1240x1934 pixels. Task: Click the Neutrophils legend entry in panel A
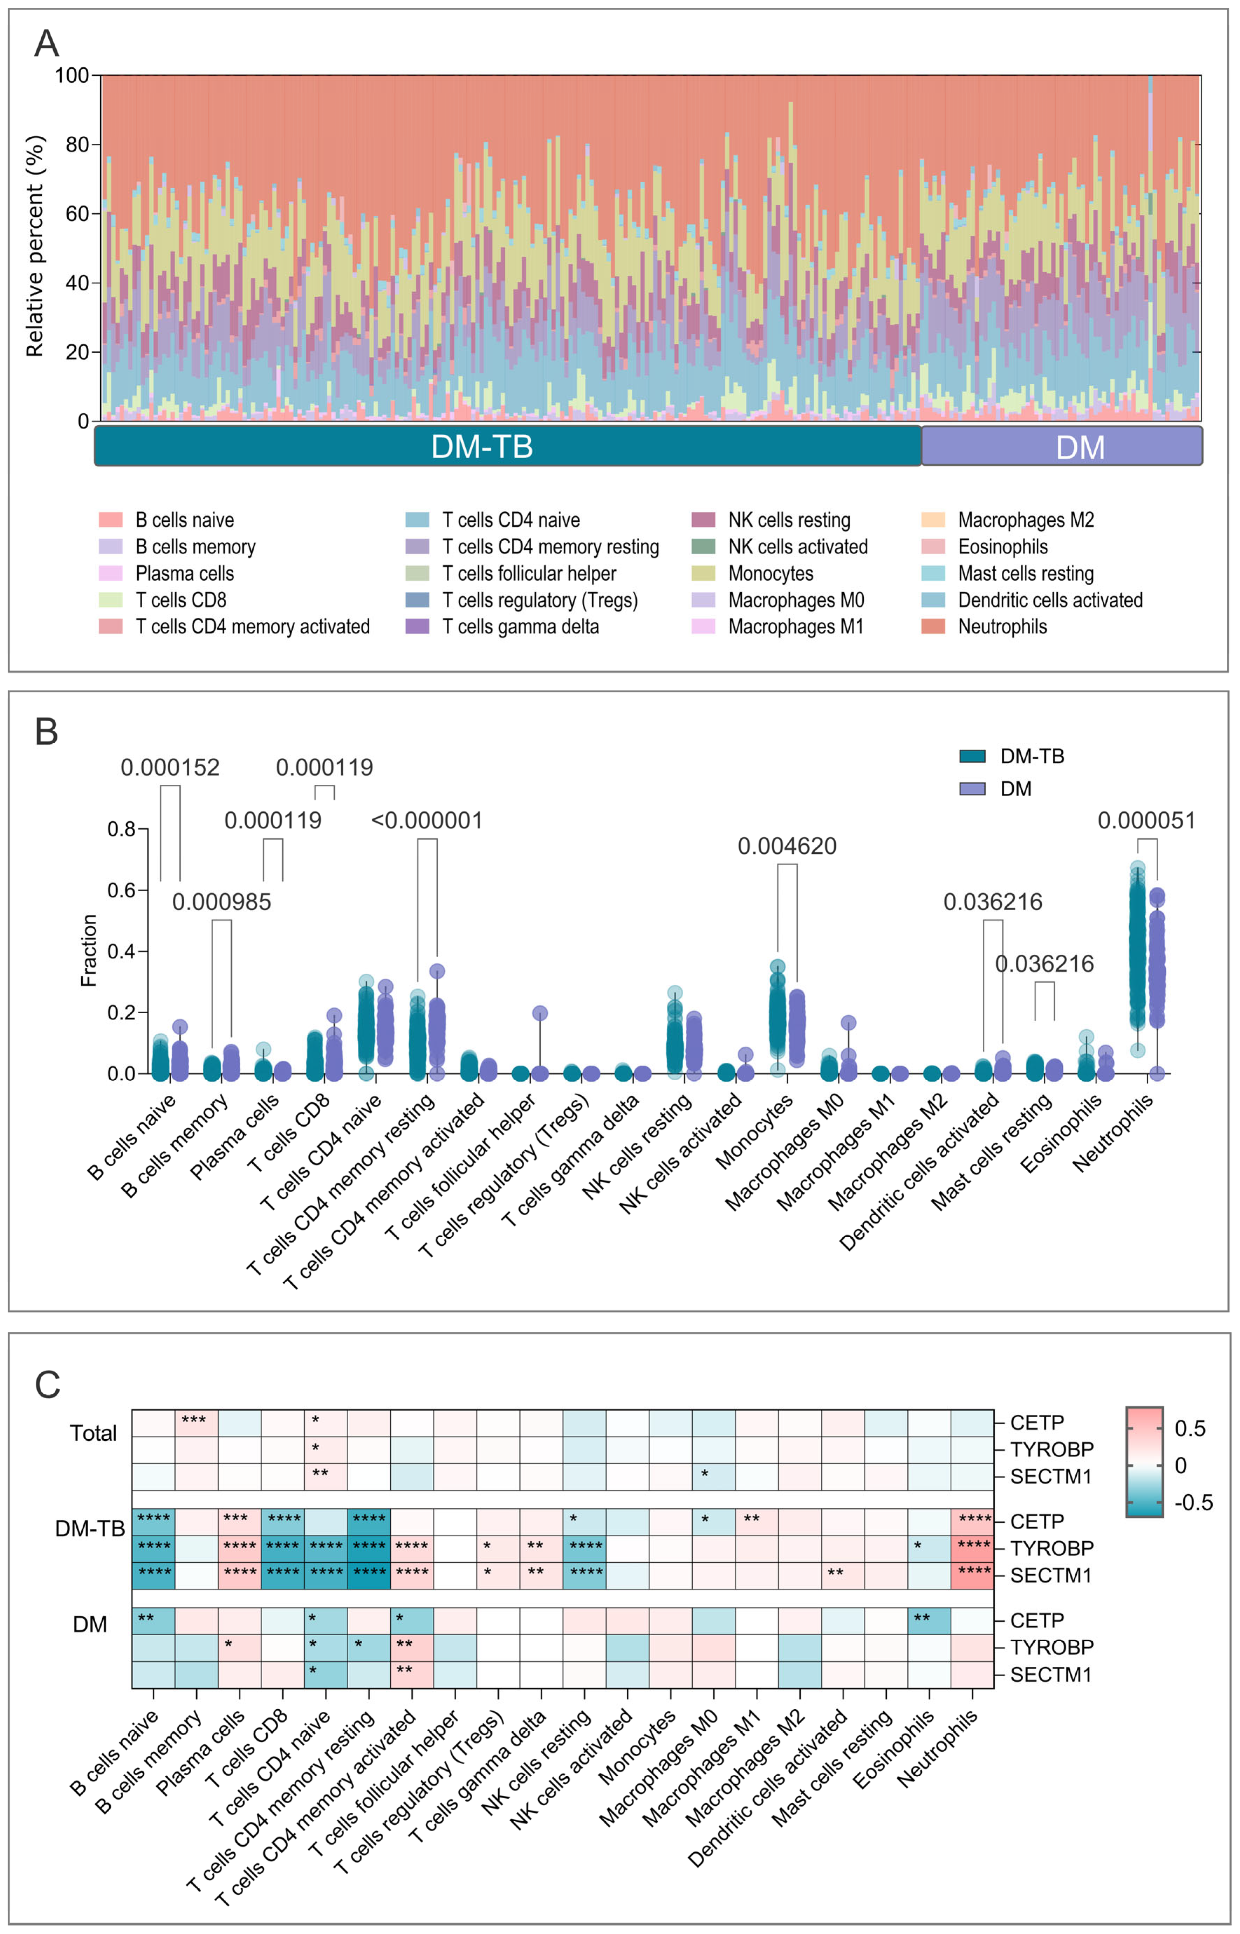click(1002, 627)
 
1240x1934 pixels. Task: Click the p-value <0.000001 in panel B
click(427, 821)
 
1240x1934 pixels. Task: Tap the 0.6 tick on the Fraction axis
click(122, 890)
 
